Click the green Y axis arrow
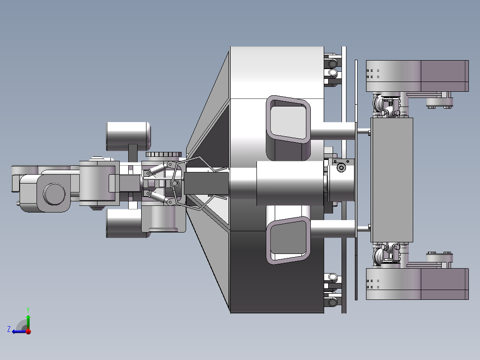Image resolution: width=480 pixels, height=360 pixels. coord(28,322)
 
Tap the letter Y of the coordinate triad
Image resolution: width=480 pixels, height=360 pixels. coord(28,310)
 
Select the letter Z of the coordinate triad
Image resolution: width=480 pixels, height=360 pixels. coord(9,329)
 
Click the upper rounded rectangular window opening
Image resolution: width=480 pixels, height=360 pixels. coord(288,119)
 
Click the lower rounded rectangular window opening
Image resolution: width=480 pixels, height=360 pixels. coord(288,240)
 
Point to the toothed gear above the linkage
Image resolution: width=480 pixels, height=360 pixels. coord(163,155)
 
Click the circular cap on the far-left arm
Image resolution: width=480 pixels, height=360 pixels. coord(54,194)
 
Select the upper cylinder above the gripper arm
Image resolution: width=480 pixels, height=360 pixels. coord(128,136)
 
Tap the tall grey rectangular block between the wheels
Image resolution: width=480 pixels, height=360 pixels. coord(392,180)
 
